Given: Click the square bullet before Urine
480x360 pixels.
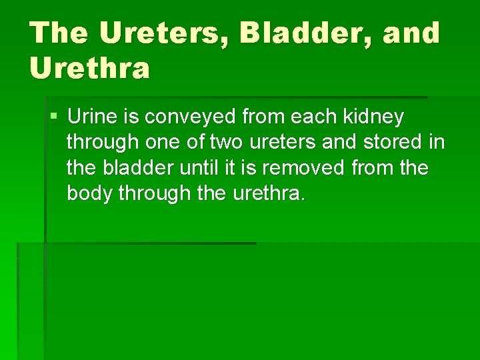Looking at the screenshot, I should [x=53, y=117].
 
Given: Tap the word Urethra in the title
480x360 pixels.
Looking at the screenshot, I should [x=90, y=68].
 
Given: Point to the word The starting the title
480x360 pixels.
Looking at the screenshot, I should [x=58, y=33].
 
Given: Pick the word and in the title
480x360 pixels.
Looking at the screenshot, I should [x=411, y=33].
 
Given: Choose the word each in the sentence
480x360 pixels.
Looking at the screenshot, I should [x=313, y=117].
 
